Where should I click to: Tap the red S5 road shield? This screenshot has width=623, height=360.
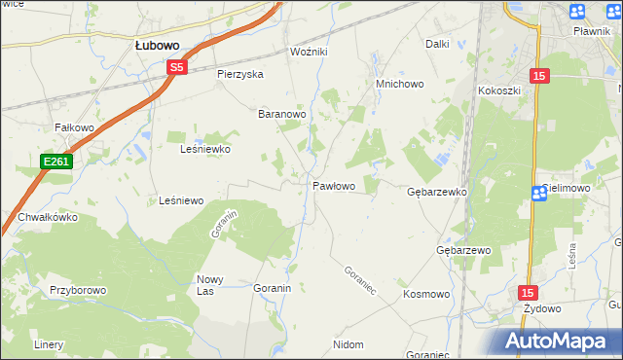[176, 67]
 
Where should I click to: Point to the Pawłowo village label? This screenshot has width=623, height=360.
[333, 185]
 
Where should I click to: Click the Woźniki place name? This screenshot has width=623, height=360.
[311, 51]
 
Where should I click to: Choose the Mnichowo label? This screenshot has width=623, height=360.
[400, 85]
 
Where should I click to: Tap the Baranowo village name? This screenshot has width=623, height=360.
[282, 114]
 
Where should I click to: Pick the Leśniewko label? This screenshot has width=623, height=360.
[205, 150]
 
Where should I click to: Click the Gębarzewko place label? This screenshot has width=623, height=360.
[437, 193]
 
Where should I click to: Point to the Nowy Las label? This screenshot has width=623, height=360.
[211, 285]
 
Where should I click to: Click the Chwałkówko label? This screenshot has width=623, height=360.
[46, 218]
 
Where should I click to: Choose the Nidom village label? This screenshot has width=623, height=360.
[348, 344]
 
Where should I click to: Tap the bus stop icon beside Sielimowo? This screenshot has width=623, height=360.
[539, 193]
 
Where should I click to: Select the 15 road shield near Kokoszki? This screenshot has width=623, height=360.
[540, 75]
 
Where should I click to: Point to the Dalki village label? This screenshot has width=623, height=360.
[437, 44]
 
